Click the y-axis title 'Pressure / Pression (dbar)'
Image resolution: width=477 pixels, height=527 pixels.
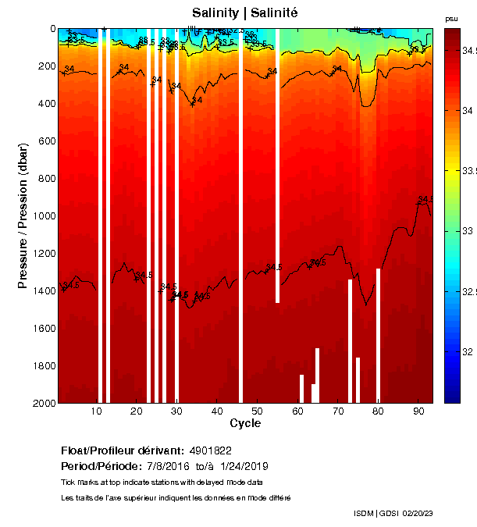pyautogui.click(x=23, y=215)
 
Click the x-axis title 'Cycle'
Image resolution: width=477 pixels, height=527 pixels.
pyautogui.click(x=245, y=423)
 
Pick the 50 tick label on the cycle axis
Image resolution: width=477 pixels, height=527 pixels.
pyautogui.click(x=258, y=411)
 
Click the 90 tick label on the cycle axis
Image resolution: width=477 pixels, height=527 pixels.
pyautogui.click(x=419, y=411)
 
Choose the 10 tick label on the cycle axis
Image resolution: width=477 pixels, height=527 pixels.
pyautogui.click(x=96, y=411)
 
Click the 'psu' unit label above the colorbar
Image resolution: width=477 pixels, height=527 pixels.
pyautogui.click(x=451, y=18)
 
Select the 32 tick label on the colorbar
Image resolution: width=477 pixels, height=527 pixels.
pyautogui.click(x=466, y=352)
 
